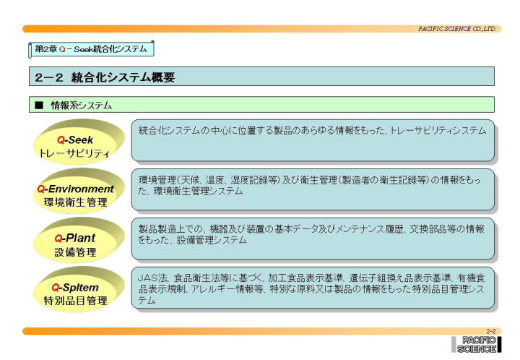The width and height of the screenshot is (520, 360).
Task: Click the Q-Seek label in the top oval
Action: coord(75,140)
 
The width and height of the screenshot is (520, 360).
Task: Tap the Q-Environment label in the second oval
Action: coord(75,189)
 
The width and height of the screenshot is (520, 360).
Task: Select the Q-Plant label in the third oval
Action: coord(75,239)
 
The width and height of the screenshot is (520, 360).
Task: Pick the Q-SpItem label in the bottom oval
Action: coord(75,287)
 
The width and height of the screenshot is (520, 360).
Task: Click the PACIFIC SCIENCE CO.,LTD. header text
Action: coord(456,29)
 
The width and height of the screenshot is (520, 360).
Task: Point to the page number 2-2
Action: coord(491,331)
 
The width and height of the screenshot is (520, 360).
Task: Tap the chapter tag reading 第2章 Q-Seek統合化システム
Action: coord(91,49)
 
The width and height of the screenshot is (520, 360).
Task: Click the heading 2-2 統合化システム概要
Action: coord(105,77)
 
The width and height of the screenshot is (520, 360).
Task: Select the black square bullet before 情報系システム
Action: coord(39,105)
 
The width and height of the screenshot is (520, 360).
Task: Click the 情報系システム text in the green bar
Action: coord(81,106)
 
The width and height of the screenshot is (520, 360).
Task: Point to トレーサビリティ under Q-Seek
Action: coord(74,153)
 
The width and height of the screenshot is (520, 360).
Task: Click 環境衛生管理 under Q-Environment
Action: coord(76,202)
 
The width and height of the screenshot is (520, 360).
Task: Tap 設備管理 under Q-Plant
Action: coord(75,252)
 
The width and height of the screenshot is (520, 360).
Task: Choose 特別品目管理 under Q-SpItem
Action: coord(76,301)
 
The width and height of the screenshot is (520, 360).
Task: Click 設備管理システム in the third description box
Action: coord(212,240)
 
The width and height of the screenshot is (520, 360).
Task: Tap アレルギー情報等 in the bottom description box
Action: coord(227,289)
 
